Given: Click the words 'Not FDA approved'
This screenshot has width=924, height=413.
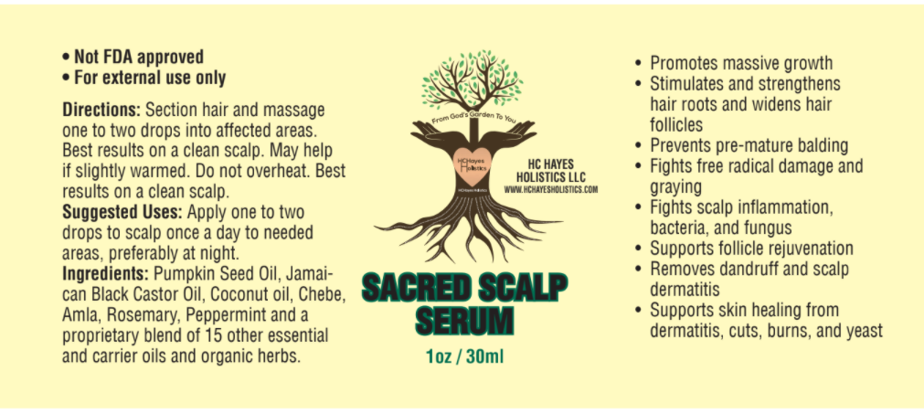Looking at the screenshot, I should [144, 58].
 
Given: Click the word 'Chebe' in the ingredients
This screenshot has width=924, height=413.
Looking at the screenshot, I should [324, 294].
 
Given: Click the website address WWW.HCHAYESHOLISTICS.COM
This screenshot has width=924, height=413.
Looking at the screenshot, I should [551, 189].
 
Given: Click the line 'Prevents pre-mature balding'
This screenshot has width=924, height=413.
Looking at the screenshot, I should [749, 145].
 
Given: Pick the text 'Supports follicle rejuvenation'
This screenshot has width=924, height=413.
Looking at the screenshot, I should [751, 249].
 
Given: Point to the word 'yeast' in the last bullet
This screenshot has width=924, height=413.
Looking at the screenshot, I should [861, 331].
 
